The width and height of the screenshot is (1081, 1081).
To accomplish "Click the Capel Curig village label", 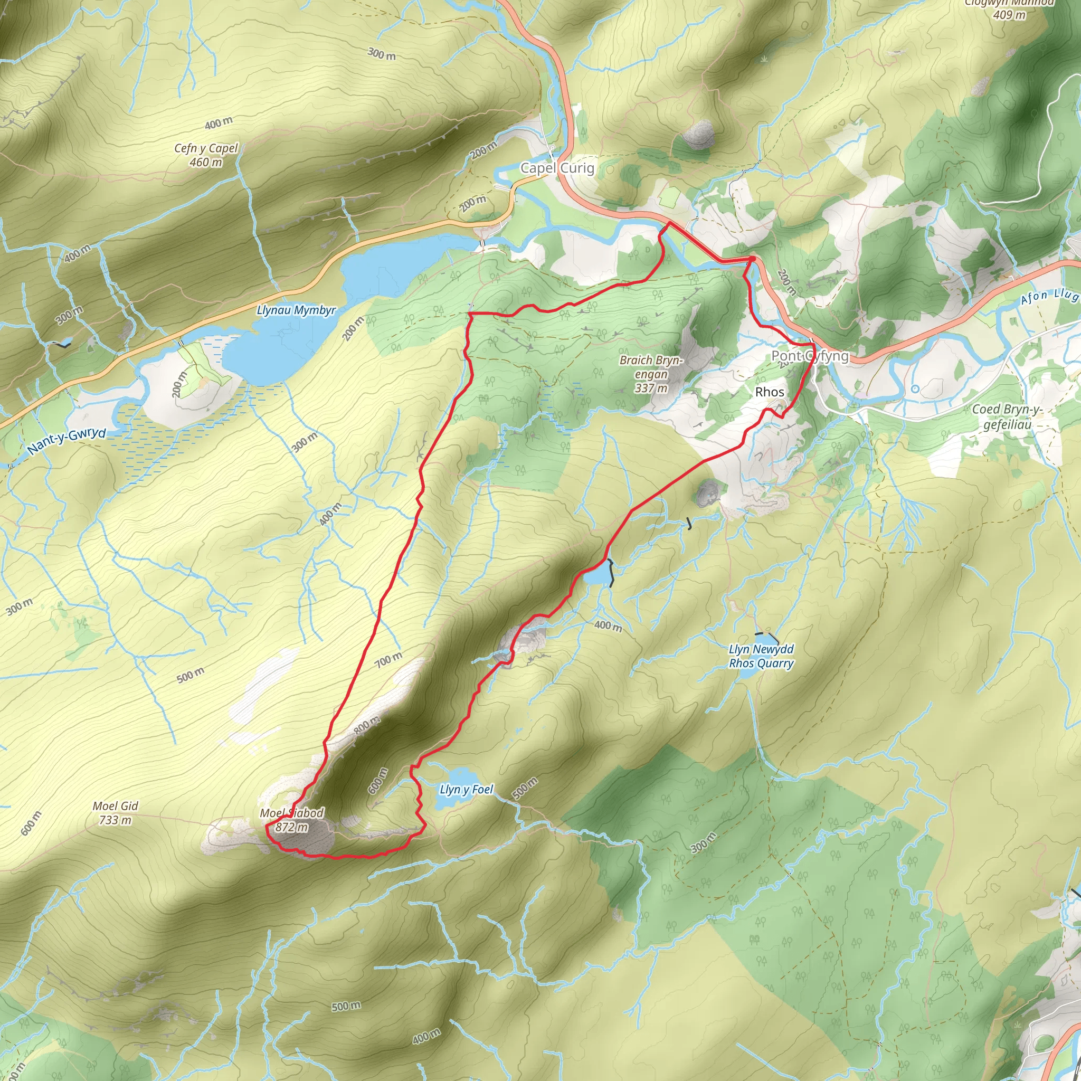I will point(557,168).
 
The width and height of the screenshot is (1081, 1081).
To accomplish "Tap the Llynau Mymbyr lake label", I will point(296,310).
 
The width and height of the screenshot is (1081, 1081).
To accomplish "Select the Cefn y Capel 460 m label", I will point(206,155).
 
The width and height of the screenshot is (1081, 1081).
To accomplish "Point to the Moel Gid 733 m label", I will point(115,813).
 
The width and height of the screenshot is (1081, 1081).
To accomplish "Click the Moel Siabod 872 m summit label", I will point(291,820).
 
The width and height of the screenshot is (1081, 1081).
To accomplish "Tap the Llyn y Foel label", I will point(466,790).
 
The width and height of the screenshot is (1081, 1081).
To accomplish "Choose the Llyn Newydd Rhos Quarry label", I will point(761,656).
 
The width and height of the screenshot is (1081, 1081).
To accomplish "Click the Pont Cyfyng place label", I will point(810,356).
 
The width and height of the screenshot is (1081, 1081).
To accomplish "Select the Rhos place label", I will point(770,392).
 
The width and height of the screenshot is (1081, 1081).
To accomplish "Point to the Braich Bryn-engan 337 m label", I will point(651,374).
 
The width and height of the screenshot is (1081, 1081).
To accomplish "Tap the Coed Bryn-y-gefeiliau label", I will point(1007,417).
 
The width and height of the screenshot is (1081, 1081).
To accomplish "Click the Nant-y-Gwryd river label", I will point(66,441).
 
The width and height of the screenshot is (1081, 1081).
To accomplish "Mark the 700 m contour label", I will point(388,660).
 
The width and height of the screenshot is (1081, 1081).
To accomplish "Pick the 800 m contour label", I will point(366,725).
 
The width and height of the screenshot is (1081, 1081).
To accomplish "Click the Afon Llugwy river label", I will point(1049,297).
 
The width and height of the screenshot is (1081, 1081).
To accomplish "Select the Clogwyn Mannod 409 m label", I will point(1009,9).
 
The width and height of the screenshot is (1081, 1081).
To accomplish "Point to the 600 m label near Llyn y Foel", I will point(378,781).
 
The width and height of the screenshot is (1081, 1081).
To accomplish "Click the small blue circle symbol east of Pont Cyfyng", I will point(915,389).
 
